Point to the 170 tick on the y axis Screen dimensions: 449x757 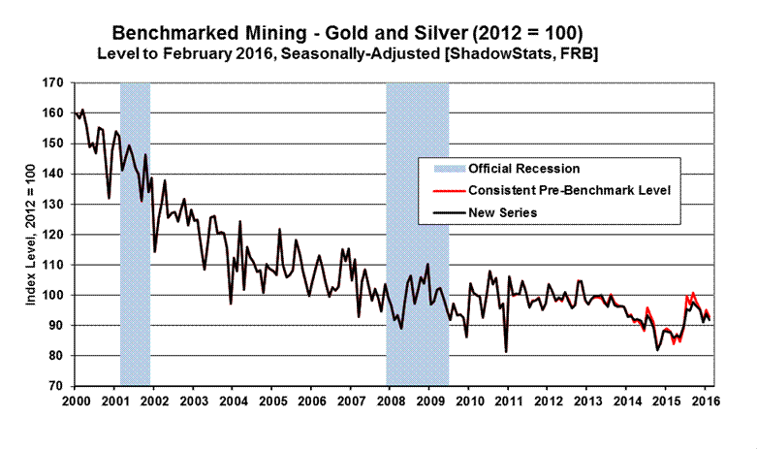click(x=56, y=83)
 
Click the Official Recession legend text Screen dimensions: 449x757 click(x=524, y=169)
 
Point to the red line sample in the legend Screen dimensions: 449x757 click(x=442, y=189)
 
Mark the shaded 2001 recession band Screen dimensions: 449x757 click(x=135, y=233)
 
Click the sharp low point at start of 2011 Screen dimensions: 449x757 click(x=506, y=351)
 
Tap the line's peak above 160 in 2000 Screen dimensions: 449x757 click(x=82, y=110)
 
